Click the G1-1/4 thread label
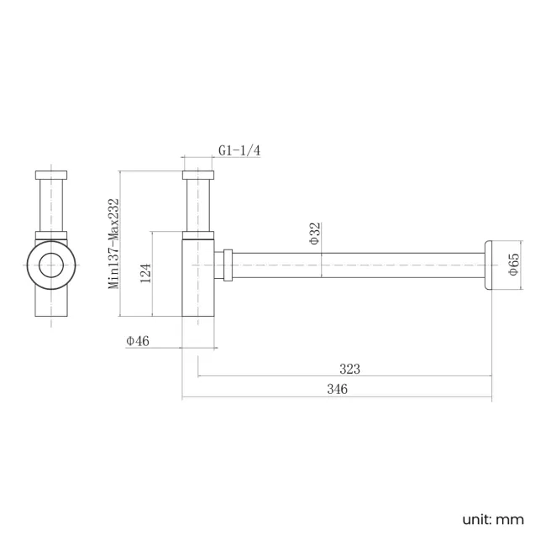coord(239,150)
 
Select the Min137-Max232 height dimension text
coord(113,244)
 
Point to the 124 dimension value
coord(144,274)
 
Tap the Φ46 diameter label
coord(137,340)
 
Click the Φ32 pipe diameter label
coord(314,233)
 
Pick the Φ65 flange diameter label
coord(513,266)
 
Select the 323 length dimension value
coord(349,369)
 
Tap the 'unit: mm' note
coord(493,518)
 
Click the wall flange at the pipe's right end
coord(488,265)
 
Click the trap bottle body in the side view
coord(200,277)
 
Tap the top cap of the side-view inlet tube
coord(200,176)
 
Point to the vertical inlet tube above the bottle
coord(200,206)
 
